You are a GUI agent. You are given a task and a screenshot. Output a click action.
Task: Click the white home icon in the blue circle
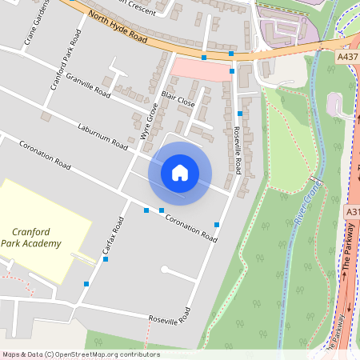180,172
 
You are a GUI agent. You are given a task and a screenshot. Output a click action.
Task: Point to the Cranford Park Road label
66,60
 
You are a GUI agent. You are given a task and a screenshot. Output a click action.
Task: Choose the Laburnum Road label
103,137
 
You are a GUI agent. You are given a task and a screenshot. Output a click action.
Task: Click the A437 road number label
347,57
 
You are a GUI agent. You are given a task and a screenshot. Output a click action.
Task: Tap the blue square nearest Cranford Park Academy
86,283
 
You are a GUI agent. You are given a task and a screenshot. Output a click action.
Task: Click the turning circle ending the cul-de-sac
164,268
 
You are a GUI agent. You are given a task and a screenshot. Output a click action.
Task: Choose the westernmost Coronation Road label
45,156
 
